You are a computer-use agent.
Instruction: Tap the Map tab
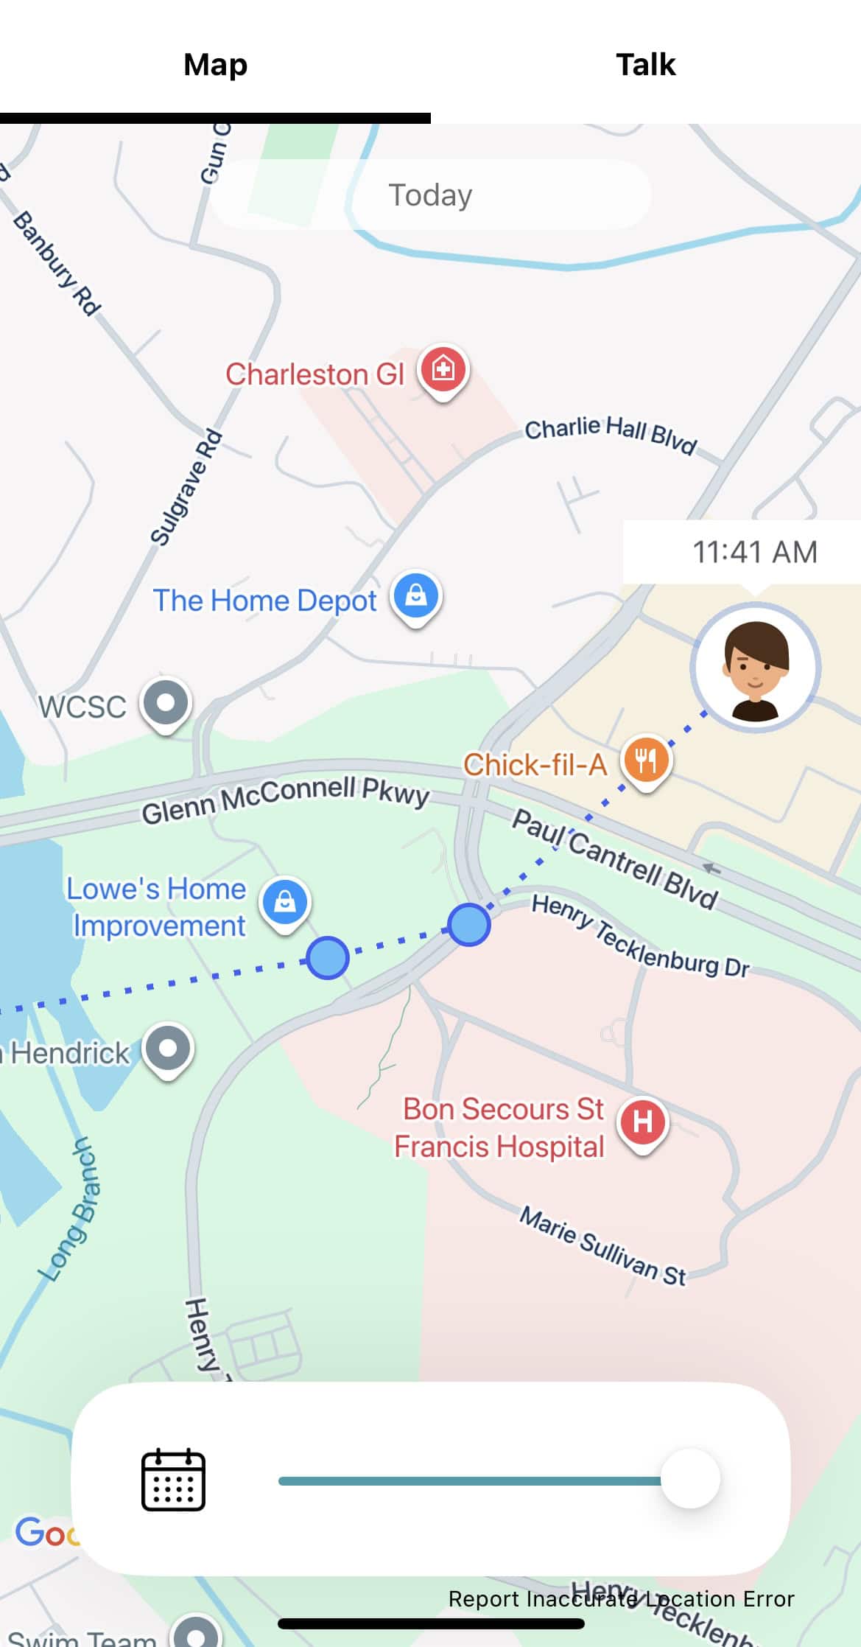215,65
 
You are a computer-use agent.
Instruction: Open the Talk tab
645,65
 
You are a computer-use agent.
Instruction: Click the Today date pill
430,195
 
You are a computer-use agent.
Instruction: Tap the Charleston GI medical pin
443,368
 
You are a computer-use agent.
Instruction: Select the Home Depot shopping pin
416,596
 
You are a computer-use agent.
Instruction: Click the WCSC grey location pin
166,702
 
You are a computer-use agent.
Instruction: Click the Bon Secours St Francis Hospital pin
642,1122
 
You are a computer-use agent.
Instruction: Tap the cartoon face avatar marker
755,668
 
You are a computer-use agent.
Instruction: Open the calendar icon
173,1479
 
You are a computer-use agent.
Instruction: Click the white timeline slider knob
690,1479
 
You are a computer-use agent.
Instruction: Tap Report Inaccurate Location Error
621,1599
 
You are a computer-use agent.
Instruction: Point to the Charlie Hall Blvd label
610,433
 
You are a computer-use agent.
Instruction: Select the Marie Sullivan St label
602,1245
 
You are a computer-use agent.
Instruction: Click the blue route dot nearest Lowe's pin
327,958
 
